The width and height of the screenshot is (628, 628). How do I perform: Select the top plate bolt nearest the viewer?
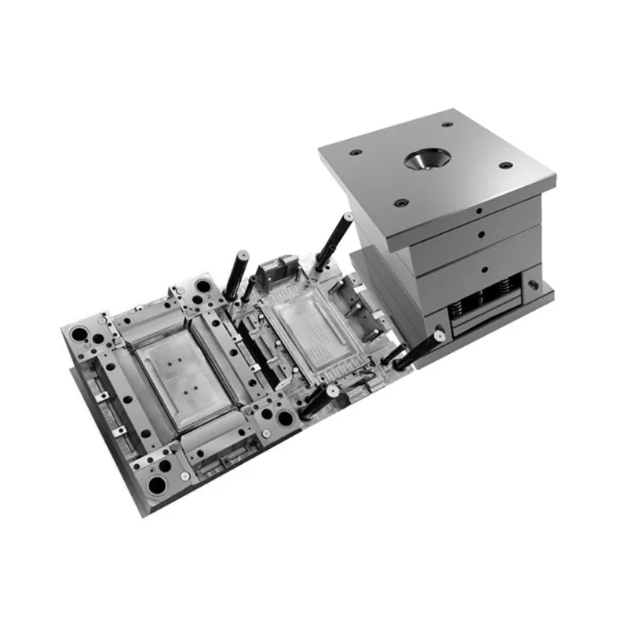(401, 202)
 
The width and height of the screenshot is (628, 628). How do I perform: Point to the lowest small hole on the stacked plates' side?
(482, 267)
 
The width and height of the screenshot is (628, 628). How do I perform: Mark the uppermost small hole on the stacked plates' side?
(478, 211)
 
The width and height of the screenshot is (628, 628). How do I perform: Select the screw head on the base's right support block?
(536, 279)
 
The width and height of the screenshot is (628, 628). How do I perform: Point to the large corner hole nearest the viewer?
(162, 484)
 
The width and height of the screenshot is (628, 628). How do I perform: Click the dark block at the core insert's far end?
(273, 271)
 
